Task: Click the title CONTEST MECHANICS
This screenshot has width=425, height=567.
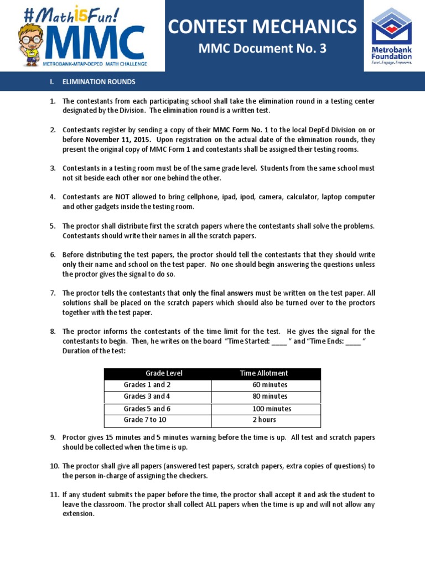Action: pyautogui.click(x=263, y=25)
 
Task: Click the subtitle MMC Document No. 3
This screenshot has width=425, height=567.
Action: pyautogui.click(x=263, y=49)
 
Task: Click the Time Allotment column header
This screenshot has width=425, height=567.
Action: pyautogui.click(x=263, y=373)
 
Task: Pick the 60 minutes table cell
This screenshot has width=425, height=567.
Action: pyautogui.click(x=269, y=385)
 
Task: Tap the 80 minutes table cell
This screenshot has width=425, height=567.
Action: pyautogui.click(x=269, y=396)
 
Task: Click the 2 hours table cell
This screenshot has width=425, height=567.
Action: pyautogui.click(x=265, y=420)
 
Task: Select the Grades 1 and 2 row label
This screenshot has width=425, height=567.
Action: pyautogui.click(x=147, y=385)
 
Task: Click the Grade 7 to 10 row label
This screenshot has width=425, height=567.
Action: pyautogui.click(x=145, y=420)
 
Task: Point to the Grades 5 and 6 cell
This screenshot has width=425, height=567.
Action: pyautogui.click(x=147, y=409)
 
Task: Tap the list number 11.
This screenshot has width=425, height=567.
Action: pyautogui.click(x=53, y=494)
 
